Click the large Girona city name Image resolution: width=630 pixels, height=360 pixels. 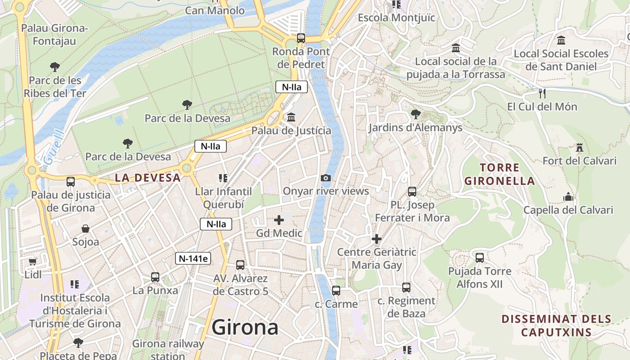pyautogui.click(x=245, y=327)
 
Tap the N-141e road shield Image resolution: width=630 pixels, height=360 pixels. pyautogui.click(x=193, y=258)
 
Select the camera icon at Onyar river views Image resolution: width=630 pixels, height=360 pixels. pyautogui.click(x=326, y=178)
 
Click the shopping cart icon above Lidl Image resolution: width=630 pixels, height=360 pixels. pyautogui.click(x=32, y=261)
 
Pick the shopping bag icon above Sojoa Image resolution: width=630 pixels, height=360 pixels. pyautogui.click(x=85, y=229)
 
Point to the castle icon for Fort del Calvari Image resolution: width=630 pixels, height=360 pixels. pyautogui.click(x=579, y=148)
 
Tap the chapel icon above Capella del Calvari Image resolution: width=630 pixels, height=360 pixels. pyautogui.click(x=568, y=197)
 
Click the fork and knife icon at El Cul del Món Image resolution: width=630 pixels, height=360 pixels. pyautogui.click(x=542, y=94)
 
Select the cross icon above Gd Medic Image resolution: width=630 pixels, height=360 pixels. pyautogui.click(x=279, y=220)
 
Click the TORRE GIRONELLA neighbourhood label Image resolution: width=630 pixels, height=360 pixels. pyautogui.click(x=499, y=175)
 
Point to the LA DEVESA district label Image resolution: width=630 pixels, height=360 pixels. pyautogui.click(x=148, y=178)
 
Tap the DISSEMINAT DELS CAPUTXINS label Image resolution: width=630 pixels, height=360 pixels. pyautogui.click(x=556, y=326)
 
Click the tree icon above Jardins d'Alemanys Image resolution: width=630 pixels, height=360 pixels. pyautogui.click(x=415, y=114)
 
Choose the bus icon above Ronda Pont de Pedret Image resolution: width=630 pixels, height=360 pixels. pyautogui.click(x=301, y=38)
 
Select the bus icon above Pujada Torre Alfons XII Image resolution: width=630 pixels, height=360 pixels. pyautogui.click(x=480, y=258)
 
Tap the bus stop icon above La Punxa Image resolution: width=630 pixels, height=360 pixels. pyautogui.click(x=155, y=277)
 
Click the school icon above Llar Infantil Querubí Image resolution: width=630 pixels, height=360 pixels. pyautogui.click(x=223, y=178)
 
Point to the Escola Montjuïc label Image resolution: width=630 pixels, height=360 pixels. pyautogui.click(x=396, y=18)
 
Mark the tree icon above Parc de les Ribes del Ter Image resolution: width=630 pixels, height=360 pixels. pyautogui.click(x=55, y=67)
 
